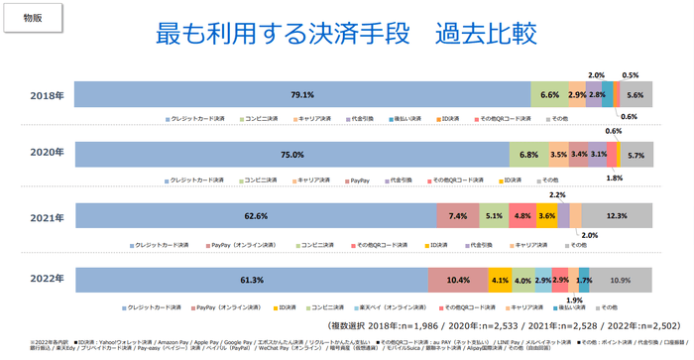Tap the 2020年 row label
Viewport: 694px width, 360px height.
47,155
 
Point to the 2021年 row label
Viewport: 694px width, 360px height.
47,216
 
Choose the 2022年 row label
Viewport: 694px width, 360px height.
47,281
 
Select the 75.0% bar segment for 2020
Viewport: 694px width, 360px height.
291,156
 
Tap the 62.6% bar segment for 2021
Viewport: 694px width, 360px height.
255,217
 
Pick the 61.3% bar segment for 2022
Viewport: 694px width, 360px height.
251,281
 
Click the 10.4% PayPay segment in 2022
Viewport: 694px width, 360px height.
458,281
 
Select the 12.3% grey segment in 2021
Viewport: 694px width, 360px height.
618,217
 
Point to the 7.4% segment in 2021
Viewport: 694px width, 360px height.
457,217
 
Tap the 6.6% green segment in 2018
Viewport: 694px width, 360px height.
550,95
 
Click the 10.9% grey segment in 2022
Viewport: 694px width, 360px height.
622,281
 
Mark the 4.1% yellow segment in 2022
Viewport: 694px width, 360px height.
500,281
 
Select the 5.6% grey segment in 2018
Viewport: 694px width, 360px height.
636,95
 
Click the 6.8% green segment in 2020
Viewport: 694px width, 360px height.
528,156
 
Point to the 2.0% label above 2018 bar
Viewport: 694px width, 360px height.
596,75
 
